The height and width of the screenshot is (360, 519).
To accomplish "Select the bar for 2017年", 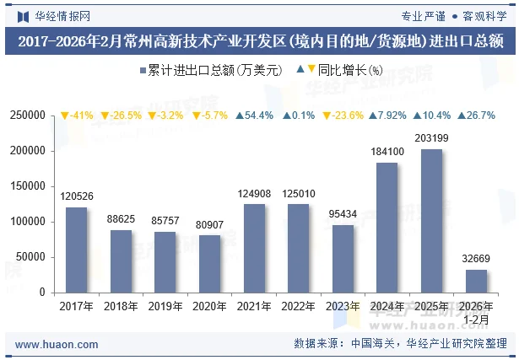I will [x=76, y=250].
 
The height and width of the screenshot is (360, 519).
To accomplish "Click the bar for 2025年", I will [x=432, y=221].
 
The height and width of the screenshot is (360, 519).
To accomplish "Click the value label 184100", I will [x=387, y=152].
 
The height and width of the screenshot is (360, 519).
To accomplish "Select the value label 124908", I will [x=254, y=194].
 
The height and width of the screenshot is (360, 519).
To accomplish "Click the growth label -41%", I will [x=77, y=116].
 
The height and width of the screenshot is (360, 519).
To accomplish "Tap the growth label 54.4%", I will [x=254, y=116].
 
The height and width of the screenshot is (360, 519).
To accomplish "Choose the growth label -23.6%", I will [x=343, y=116].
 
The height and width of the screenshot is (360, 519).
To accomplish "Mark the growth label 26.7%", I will [x=476, y=116].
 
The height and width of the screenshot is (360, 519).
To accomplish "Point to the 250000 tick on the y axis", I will [x=28, y=116].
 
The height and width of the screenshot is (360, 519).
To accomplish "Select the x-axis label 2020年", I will [x=209, y=306].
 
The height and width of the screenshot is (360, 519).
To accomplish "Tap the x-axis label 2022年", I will [x=298, y=306].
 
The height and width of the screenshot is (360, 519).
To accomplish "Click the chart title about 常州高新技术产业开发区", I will [x=259, y=41].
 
